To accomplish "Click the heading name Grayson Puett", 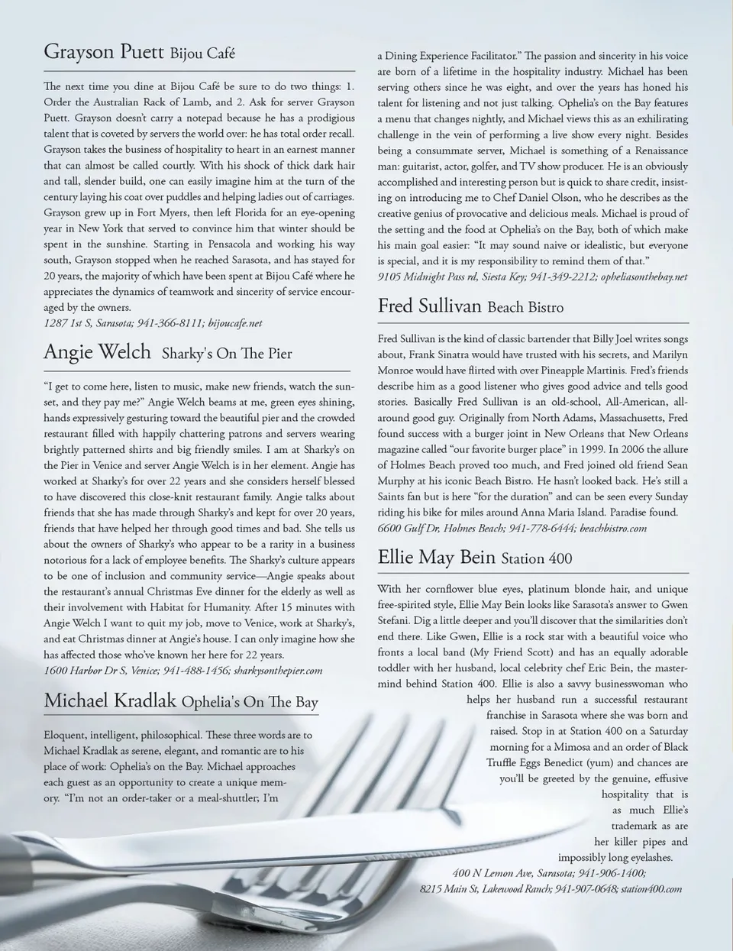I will coord(104,52).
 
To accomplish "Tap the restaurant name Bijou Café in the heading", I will coord(202,53).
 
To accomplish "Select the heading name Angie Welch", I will coord(98,351).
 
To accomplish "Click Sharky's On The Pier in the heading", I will coord(227,354).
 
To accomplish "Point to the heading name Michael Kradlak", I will coord(110,700).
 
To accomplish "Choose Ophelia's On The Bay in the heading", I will coord(250,702).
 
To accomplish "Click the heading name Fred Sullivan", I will coord(429,306).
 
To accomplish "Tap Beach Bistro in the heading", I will coord(525,308).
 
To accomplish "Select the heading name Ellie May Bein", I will coord(436,557).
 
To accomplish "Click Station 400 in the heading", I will coord(537,558).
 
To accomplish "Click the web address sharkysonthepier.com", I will coord(278,670).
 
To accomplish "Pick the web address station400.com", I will coord(651,888).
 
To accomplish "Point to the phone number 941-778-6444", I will coord(541,528).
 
